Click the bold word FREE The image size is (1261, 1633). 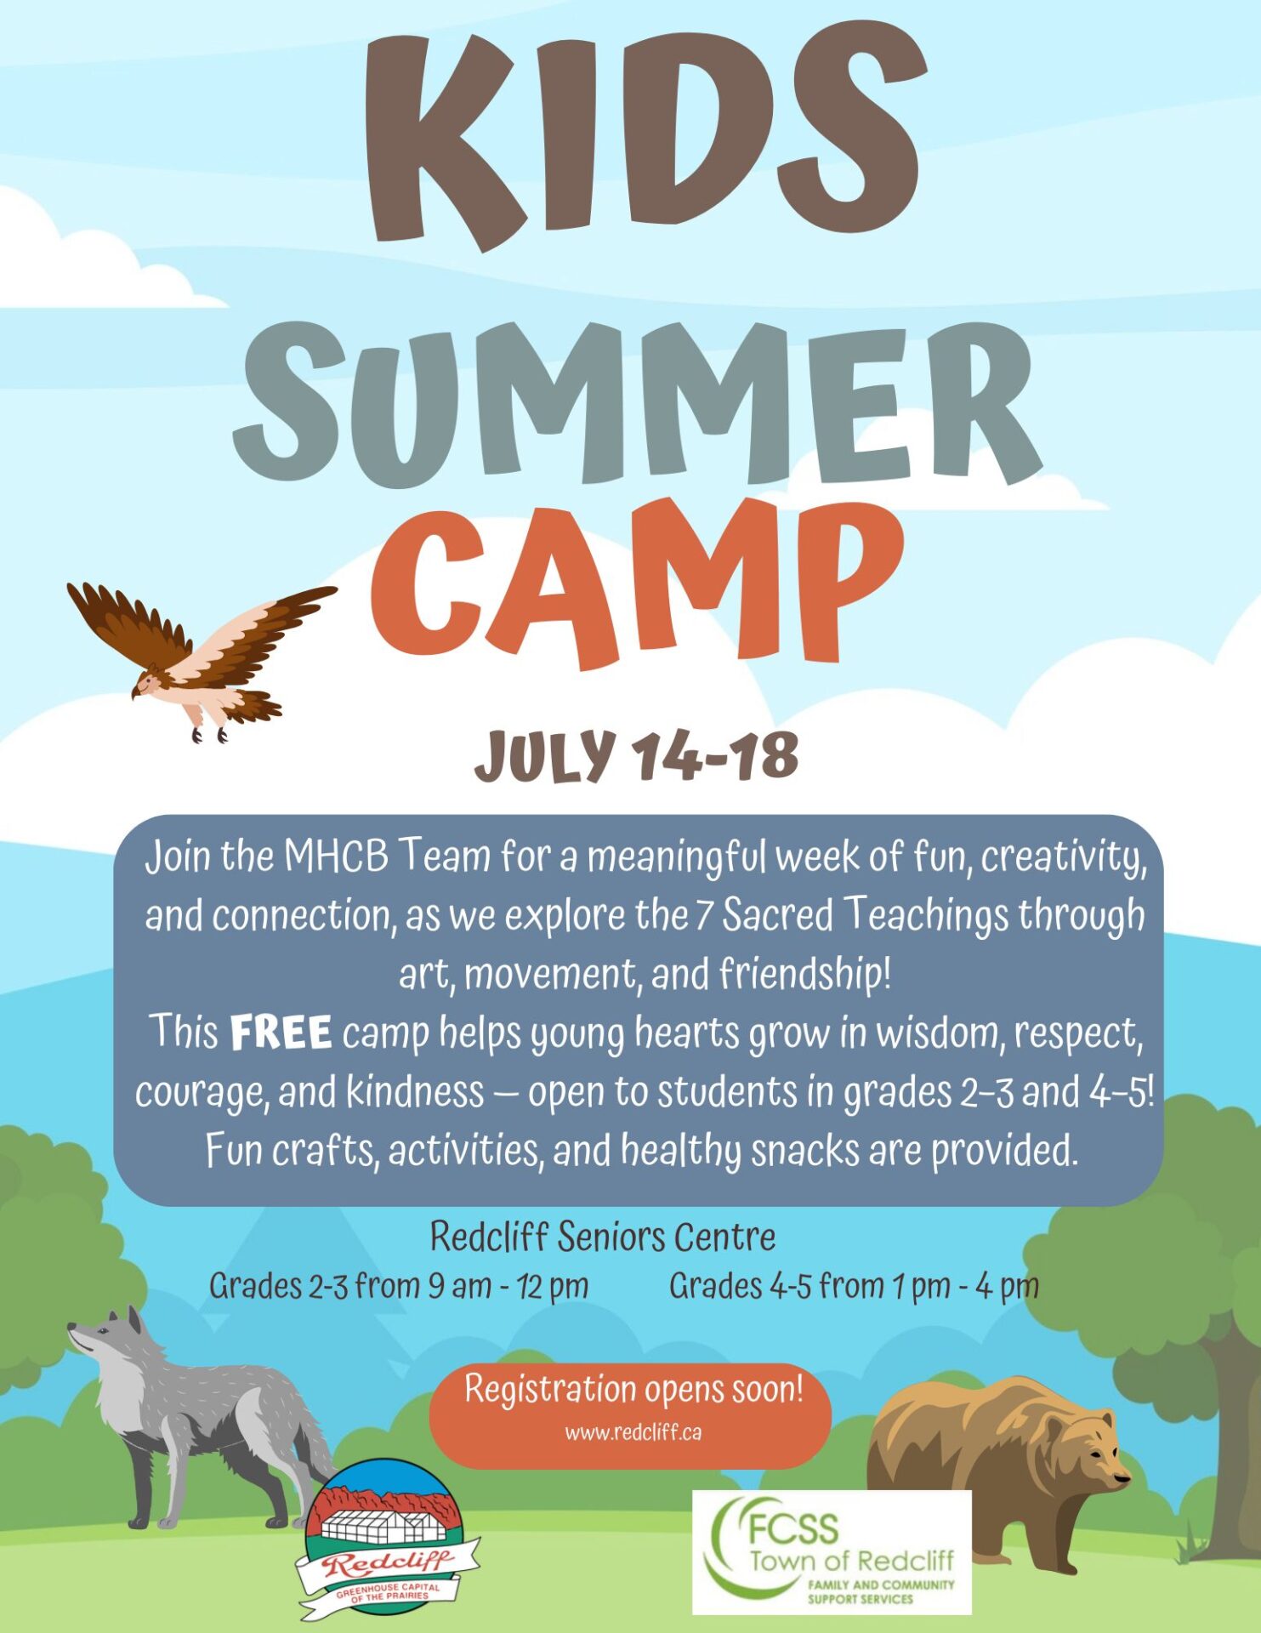(281, 1033)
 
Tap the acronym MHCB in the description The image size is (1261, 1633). (336, 856)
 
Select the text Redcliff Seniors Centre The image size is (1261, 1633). (603, 1237)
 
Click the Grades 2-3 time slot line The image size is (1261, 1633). (399, 1286)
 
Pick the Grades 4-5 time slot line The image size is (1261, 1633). (854, 1286)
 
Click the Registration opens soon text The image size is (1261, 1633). (633, 1390)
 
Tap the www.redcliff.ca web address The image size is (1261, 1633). (633, 1432)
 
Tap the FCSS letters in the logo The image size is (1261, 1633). (793, 1529)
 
